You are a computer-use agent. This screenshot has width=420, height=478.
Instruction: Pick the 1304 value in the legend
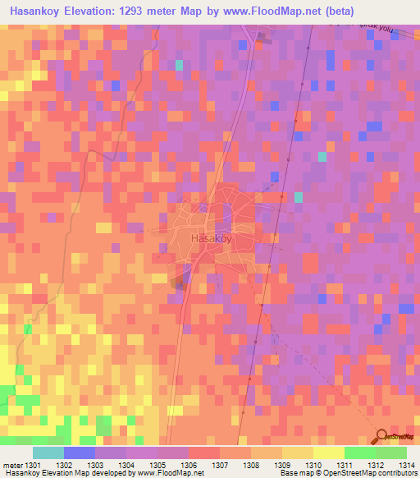point(126,465)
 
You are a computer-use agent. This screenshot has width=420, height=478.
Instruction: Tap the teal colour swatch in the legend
point(48,453)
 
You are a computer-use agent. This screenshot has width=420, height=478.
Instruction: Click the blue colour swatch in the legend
point(80,453)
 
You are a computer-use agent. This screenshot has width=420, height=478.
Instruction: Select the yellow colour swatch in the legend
point(329,453)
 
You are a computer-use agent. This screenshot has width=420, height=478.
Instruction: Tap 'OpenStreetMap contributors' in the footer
point(374,474)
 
